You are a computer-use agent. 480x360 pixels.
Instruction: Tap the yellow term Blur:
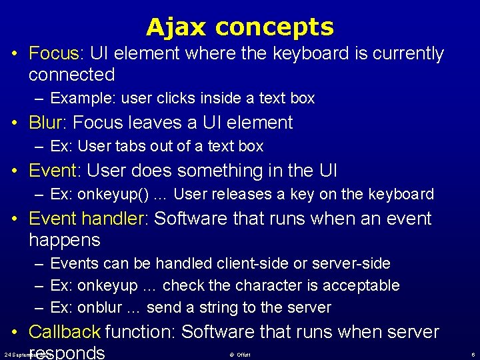[x=48, y=123]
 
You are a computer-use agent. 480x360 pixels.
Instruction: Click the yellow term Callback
[x=65, y=331]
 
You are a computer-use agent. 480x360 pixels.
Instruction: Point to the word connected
[x=72, y=75]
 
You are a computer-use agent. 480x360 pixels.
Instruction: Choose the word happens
[x=65, y=240]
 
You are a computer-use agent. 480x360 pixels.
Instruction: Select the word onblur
[x=99, y=308]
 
